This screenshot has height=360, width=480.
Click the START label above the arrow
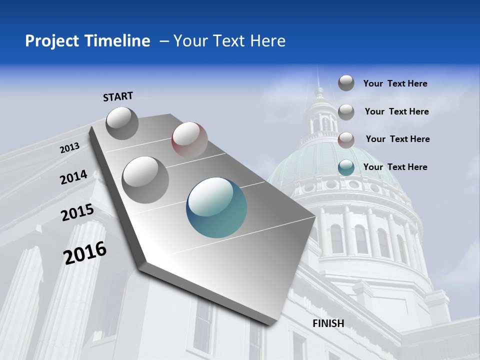point(118,96)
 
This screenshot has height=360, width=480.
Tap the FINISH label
point(328,323)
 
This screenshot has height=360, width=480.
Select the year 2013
point(70,148)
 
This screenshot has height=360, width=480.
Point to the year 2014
point(74,177)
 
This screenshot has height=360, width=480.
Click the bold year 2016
point(85,252)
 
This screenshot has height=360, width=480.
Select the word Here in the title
point(268,41)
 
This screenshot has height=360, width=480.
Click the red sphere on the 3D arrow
point(189,139)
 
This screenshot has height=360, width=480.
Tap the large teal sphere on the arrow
point(216,207)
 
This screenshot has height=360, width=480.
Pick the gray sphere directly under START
point(122,123)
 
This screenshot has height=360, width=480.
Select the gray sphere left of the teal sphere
point(145,179)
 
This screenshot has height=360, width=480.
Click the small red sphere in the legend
point(346,140)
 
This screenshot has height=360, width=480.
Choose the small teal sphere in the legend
point(346,167)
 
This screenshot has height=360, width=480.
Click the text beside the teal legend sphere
point(395,167)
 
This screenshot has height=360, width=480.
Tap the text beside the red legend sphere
point(397,139)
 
